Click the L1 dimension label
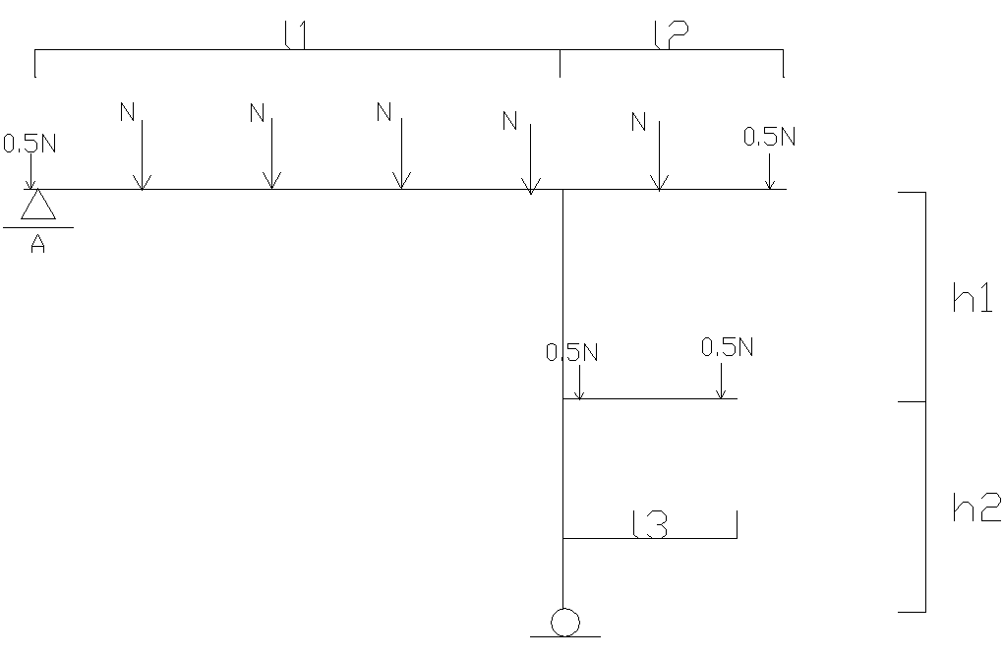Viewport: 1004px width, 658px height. (296, 35)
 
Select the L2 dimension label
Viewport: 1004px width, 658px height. (670, 35)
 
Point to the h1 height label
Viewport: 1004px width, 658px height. (973, 300)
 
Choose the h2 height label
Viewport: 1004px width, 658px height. (975, 508)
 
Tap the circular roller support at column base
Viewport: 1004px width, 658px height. (564, 623)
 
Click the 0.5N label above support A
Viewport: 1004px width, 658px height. (30, 144)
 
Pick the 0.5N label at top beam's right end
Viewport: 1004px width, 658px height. (769, 137)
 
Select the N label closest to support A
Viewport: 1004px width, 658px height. (127, 112)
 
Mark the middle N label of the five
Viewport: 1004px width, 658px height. (384, 112)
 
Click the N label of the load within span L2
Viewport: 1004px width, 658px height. (638, 122)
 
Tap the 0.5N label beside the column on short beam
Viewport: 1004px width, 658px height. (572, 352)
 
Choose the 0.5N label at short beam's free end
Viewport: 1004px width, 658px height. (727, 347)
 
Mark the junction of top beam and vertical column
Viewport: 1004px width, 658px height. (562, 189)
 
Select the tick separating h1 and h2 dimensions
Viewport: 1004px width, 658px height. (912, 401)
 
